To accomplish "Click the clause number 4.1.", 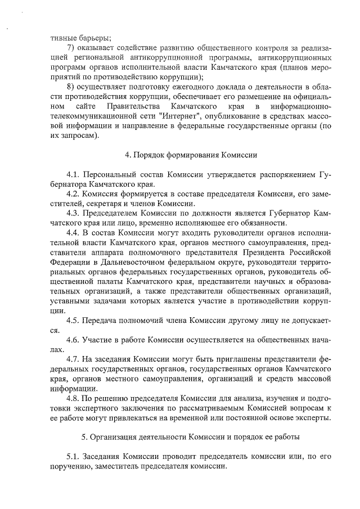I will tap(73, 175).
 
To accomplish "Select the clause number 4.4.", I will tap(73, 233).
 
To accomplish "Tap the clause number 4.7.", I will tap(73, 358).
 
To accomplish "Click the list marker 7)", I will tap(71, 47).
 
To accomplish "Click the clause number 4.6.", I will tap(73, 339).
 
